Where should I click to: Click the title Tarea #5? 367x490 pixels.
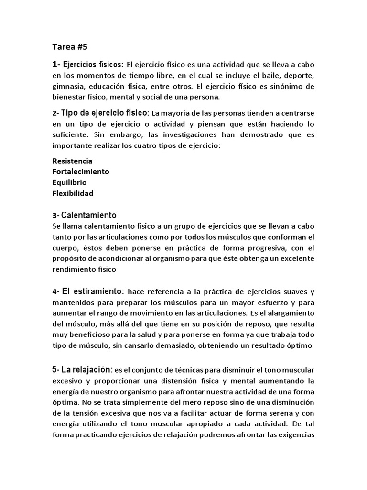pos(70,47)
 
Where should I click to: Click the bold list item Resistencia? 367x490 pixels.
pos(72,161)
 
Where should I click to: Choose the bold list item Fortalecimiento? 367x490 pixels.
pos(80,171)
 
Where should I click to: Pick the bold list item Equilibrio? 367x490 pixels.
pos(69,182)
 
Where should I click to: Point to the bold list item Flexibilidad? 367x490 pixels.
pos(72,193)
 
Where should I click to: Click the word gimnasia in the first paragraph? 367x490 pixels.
pos(68,86)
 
